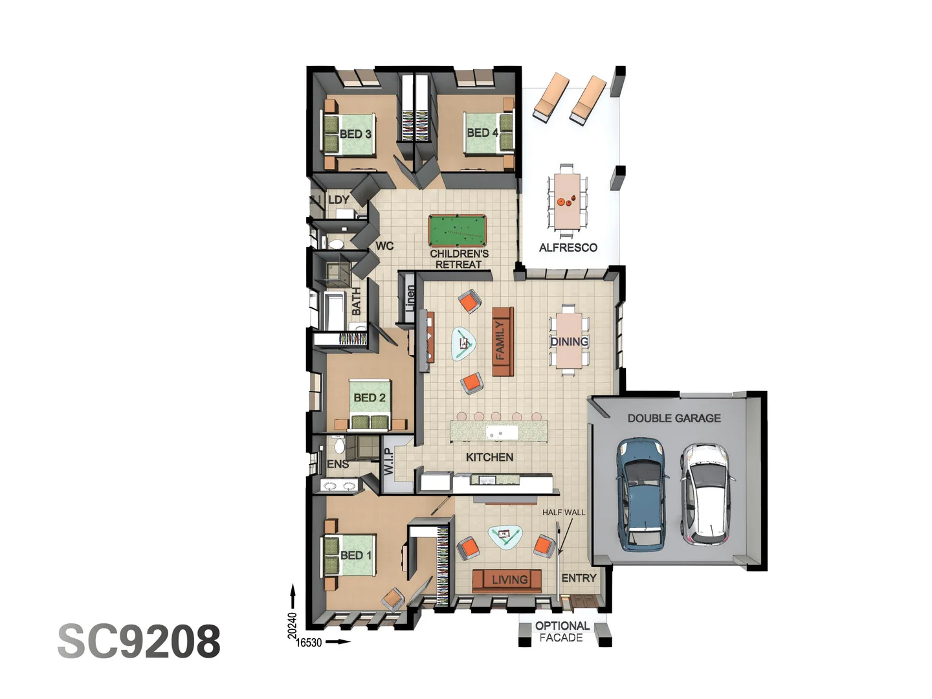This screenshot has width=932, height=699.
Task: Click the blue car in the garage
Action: (x=641, y=494)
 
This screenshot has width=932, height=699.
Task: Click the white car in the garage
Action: (x=706, y=494)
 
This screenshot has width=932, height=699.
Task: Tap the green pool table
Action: (x=457, y=230)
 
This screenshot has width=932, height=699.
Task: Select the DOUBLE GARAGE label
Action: (x=674, y=418)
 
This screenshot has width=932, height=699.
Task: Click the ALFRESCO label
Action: (x=568, y=247)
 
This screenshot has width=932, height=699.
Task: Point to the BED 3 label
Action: (x=355, y=134)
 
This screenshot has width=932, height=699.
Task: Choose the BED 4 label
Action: (x=482, y=133)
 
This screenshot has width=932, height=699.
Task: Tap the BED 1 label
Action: (x=356, y=555)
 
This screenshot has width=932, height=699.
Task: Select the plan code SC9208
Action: (x=139, y=641)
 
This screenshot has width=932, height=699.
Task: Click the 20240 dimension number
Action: (x=292, y=625)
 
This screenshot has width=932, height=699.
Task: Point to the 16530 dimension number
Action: (x=309, y=643)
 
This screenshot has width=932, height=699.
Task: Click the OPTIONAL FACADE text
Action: (x=562, y=632)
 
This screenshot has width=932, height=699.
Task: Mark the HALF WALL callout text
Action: (x=563, y=512)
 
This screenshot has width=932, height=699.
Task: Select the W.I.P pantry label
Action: (x=388, y=461)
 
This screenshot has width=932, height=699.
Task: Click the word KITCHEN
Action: (x=489, y=457)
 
